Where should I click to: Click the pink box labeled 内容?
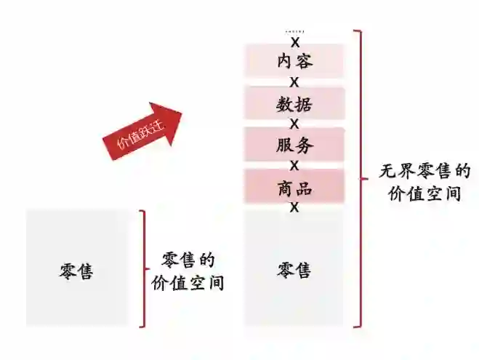click(x=294, y=61)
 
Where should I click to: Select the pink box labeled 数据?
click(x=294, y=103)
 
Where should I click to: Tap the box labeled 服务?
click(x=294, y=145)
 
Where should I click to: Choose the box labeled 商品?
click(x=294, y=188)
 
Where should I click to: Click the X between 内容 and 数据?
click(x=294, y=82)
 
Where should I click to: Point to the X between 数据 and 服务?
click(x=294, y=124)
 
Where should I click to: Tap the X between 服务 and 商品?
click(x=294, y=166)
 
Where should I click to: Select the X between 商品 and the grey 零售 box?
click(x=294, y=208)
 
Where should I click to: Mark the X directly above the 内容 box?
click(x=294, y=42)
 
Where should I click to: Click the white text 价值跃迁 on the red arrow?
click(x=140, y=135)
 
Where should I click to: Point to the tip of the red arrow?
click(x=182, y=110)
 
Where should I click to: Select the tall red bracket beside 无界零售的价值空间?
click(x=358, y=178)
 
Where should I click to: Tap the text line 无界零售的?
click(x=424, y=172)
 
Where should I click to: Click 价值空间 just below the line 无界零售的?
click(x=424, y=193)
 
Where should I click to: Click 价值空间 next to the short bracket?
click(x=188, y=282)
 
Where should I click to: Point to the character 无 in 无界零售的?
click(x=387, y=172)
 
